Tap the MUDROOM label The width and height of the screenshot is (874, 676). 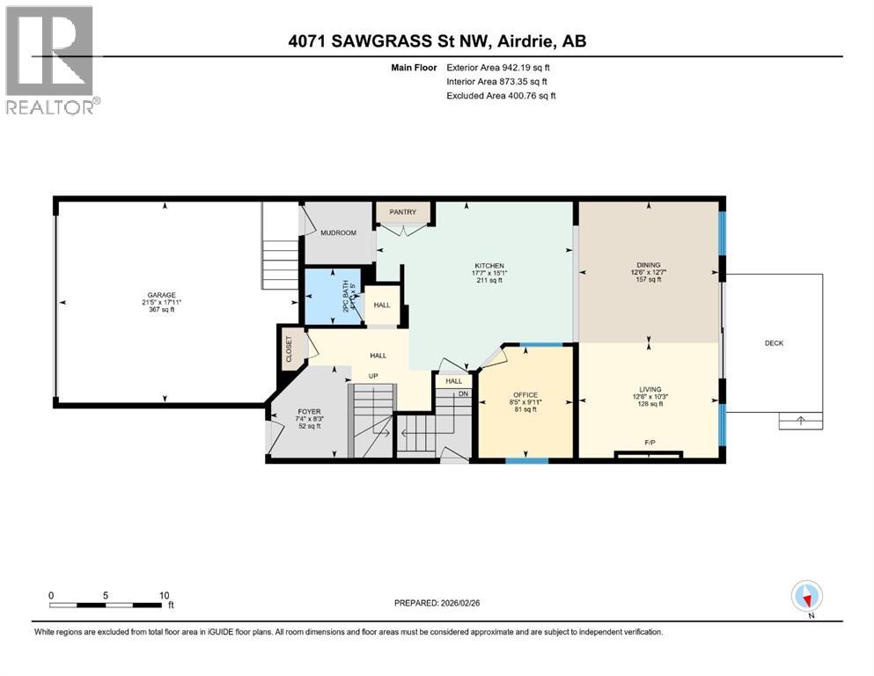(x=338, y=233)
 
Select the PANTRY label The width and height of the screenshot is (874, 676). (x=402, y=212)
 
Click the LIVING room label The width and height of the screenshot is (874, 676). (x=649, y=388)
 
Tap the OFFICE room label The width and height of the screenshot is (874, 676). (x=525, y=394)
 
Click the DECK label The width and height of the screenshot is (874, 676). (x=774, y=343)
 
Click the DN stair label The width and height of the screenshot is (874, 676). (x=465, y=394)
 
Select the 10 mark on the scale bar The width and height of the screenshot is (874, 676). (x=164, y=595)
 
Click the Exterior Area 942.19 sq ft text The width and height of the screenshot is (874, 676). (x=502, y=67)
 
